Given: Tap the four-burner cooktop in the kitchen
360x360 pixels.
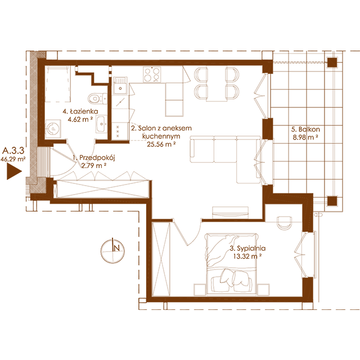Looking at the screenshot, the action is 152,74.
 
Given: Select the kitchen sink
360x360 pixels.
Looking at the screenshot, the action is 120,85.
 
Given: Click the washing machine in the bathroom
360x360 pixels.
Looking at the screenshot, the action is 53,129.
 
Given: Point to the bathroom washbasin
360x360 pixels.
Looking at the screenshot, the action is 101,124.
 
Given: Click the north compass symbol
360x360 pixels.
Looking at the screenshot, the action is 112,250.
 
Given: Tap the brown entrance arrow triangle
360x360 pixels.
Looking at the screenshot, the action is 14,171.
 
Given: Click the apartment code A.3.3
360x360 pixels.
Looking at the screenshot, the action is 13,151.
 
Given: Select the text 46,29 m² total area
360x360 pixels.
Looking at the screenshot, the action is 13,159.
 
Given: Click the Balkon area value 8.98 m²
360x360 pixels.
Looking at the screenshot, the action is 305,137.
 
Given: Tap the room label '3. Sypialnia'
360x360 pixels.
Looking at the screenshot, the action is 247,248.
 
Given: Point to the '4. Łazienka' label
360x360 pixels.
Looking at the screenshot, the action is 80,111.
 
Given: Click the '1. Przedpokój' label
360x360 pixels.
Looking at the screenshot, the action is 94,157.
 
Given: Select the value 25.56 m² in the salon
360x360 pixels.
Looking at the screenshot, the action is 161,144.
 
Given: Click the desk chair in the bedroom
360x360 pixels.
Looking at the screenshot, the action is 285,222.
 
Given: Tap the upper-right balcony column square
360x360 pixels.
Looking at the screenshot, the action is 332,62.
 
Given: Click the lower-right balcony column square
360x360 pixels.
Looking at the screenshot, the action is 332,201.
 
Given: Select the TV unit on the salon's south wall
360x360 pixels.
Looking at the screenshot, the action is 230,213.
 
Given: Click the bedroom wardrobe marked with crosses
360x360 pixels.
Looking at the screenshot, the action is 161,257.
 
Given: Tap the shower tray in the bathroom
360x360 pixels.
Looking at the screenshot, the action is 57,84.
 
